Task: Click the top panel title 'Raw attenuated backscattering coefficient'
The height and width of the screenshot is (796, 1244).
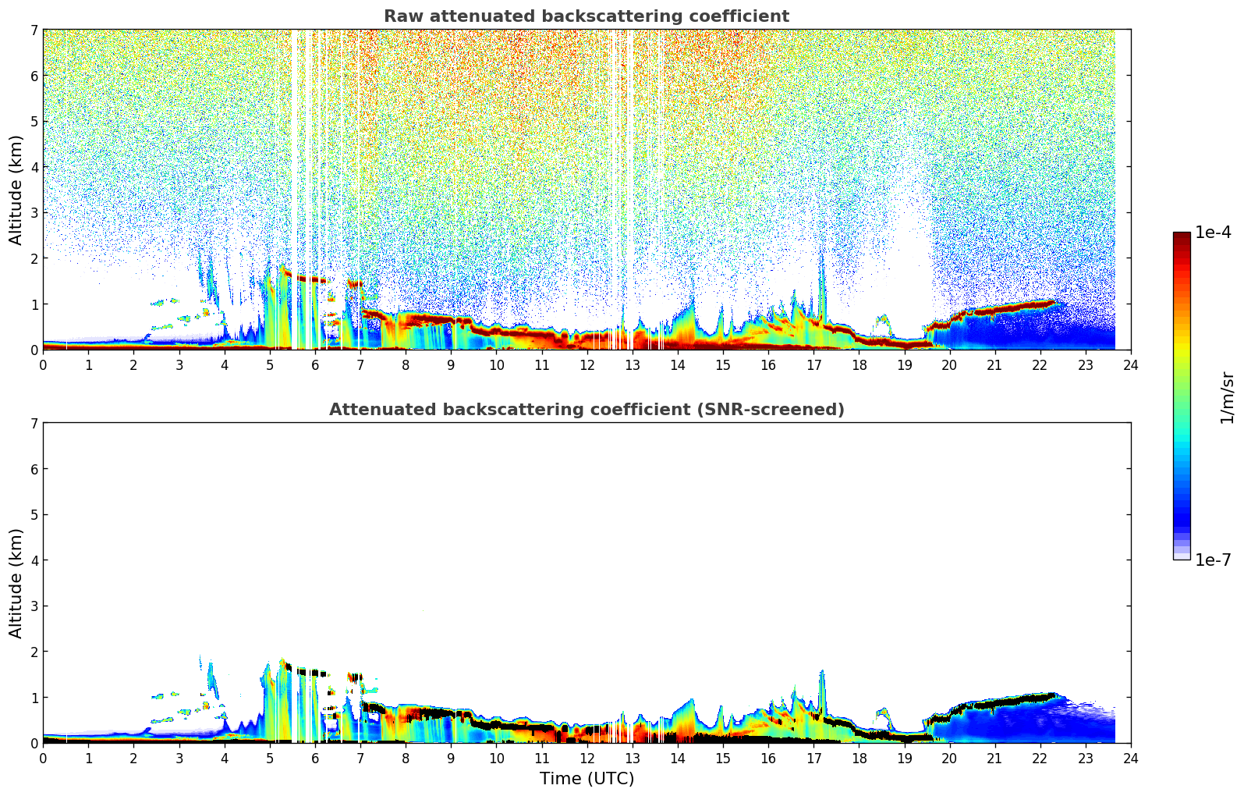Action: (x=586, y=16)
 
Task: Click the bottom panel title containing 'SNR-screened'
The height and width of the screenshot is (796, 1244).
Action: (x=586, y=410)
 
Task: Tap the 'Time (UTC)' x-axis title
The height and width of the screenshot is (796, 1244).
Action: (x=587, y=779)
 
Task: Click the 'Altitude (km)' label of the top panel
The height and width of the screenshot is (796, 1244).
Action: (x=16, y=190)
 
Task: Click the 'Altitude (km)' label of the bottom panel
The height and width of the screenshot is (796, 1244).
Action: (x=16, y=583)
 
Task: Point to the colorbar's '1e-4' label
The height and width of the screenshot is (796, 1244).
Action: (x=1213, y=233)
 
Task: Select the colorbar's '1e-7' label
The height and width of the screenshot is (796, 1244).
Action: (x=1213, y=560)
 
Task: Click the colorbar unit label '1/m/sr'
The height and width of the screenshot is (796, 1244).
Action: (x=1227, y=397)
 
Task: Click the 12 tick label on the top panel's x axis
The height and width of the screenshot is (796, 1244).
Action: (x=587, y=364)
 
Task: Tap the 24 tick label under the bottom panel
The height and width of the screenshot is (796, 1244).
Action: (x=1130, y=758)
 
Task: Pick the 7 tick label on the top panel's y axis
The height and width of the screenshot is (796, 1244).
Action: (x=34, y=30)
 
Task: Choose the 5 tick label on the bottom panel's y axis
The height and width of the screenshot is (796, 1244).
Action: (x=34, y=515)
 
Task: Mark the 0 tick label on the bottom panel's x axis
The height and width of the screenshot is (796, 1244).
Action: (x=43, y=758)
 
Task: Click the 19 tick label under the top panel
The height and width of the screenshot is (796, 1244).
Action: (x=904, y=364)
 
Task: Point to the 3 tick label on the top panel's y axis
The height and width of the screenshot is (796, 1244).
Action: (x=34, y=213)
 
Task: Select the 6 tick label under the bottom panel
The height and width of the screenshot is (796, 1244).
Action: (x=315, y=758)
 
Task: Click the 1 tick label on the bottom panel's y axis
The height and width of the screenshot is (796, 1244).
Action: (x=34, y=698)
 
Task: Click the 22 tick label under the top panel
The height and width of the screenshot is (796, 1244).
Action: (x=1040, y=364)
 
